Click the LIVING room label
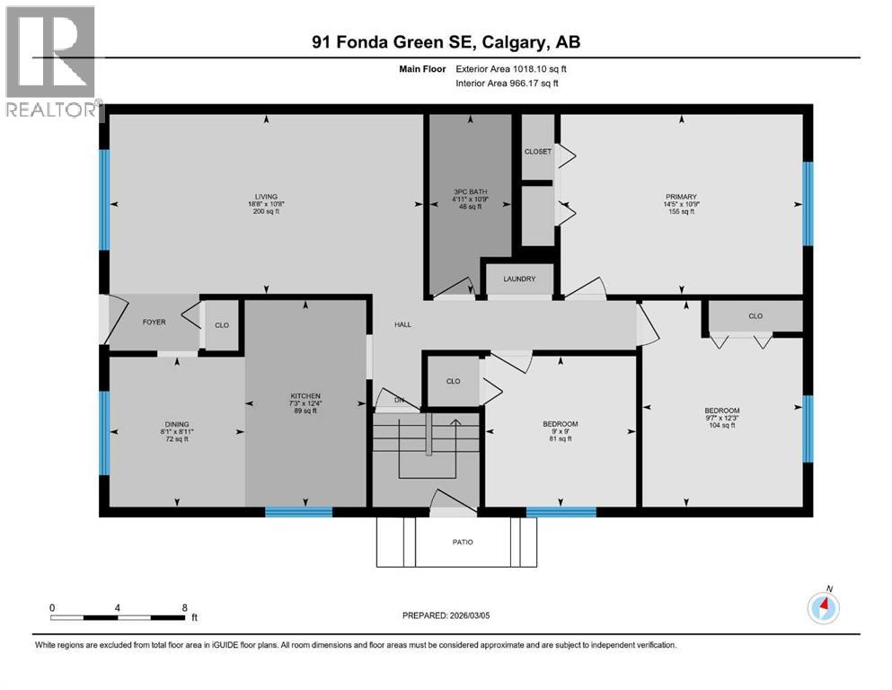265,197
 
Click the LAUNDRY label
519,279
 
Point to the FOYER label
154,322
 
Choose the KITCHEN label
305,396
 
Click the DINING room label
176,424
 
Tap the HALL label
402,324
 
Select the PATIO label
462,542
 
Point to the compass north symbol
823,607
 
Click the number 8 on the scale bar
184,607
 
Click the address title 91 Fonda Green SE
446,42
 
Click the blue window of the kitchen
298,512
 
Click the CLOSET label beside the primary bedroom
537,152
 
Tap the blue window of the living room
104,199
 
